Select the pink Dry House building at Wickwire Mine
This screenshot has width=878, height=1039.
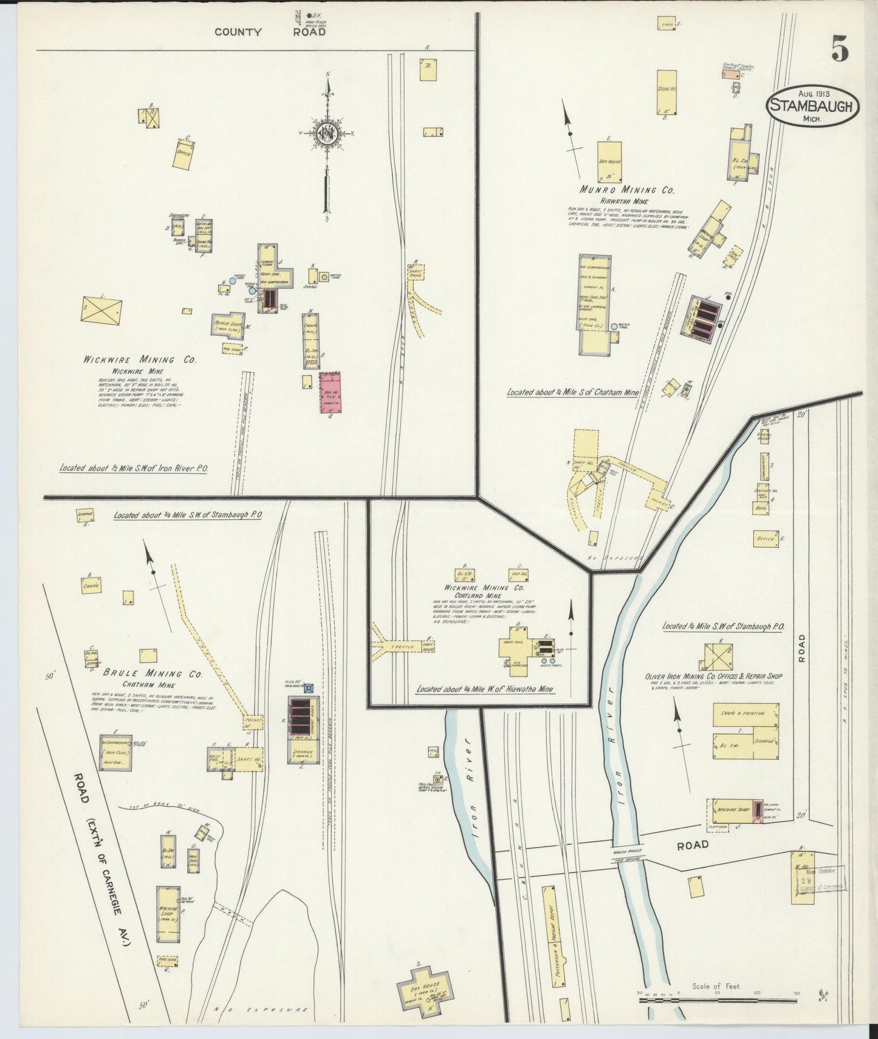coord(331,393)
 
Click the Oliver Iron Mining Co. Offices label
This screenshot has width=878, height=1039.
coord(713,676)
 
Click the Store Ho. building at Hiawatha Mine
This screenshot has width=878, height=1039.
coord(667,91)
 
